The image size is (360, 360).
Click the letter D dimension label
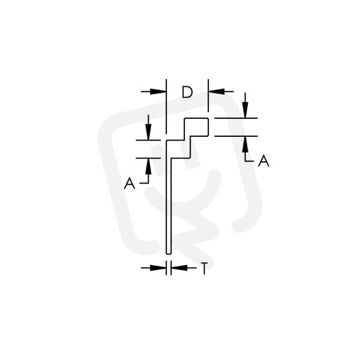point(187,92)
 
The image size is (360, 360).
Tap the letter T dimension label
point(204,268)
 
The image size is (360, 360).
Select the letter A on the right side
point(263,160)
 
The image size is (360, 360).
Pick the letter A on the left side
point(130,183)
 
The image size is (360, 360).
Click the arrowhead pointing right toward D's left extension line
point(158,92)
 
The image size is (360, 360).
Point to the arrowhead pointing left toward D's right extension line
point(216,91)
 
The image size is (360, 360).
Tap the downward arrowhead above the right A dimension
point(245,110)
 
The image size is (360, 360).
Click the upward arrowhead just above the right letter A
point(245,144)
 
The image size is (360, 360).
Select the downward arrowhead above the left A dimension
point(148,132)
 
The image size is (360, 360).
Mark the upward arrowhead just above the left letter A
point(148,166)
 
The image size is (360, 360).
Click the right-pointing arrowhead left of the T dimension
point(158,268)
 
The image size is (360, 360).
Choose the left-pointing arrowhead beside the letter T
point(179,268)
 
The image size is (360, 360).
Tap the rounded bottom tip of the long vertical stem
point(169,253)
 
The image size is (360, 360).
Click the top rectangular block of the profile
point(196,127)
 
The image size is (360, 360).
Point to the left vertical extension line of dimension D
point(166,106)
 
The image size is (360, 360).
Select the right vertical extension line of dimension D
point(208,95)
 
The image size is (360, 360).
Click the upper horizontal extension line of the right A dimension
point(236,118)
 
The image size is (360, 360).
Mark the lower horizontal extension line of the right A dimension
point(236,136)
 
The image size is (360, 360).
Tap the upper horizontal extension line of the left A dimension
point(148,140)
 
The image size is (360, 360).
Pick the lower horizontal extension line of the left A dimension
point(148,158)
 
